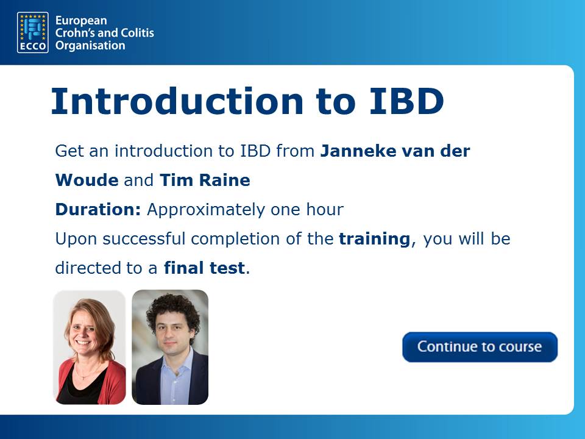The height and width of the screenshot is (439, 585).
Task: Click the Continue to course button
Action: [x=480, y=347]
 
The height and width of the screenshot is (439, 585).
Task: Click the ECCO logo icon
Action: [x=33, y=32]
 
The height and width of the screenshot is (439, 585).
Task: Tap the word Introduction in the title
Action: [x=177, y=101]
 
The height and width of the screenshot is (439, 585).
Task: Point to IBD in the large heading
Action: [x=406, y=101]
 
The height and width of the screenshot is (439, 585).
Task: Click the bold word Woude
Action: [x=87, y=180]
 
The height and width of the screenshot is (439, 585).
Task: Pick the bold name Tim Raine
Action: [x=205, y=180]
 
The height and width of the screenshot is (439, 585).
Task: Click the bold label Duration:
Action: [x=98, y=209]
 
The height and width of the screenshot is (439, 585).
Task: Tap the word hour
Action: [x=325, y=209]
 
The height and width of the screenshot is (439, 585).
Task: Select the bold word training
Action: [x=375, y=239]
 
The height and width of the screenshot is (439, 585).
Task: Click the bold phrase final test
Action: [x=205, y=268]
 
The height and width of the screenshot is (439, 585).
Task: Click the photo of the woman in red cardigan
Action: [x=90, y=347]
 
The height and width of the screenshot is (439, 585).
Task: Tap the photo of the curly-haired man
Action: [x=170, y=347]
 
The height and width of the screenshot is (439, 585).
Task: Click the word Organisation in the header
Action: [x=90, y=46]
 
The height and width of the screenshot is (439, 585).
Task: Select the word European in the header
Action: [x=81, y=21]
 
